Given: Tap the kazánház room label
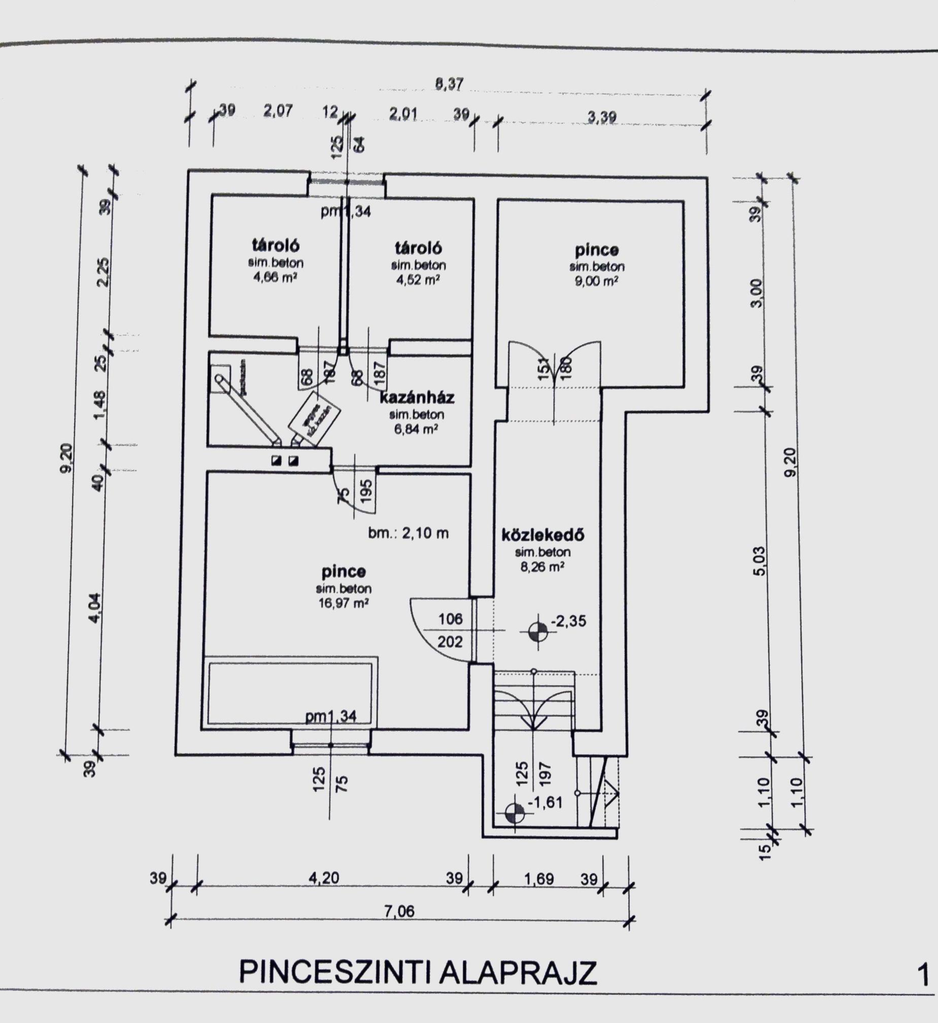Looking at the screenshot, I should coord(417,397).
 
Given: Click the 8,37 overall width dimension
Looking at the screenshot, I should coord(449,84).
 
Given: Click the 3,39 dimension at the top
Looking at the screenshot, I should coord(602,117).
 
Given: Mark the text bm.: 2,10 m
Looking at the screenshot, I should coord(409,533).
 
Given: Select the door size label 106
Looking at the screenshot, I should coord(451,618).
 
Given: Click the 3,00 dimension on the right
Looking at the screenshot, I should coord(757,293).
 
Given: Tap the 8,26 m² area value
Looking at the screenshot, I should coord(543,567).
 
